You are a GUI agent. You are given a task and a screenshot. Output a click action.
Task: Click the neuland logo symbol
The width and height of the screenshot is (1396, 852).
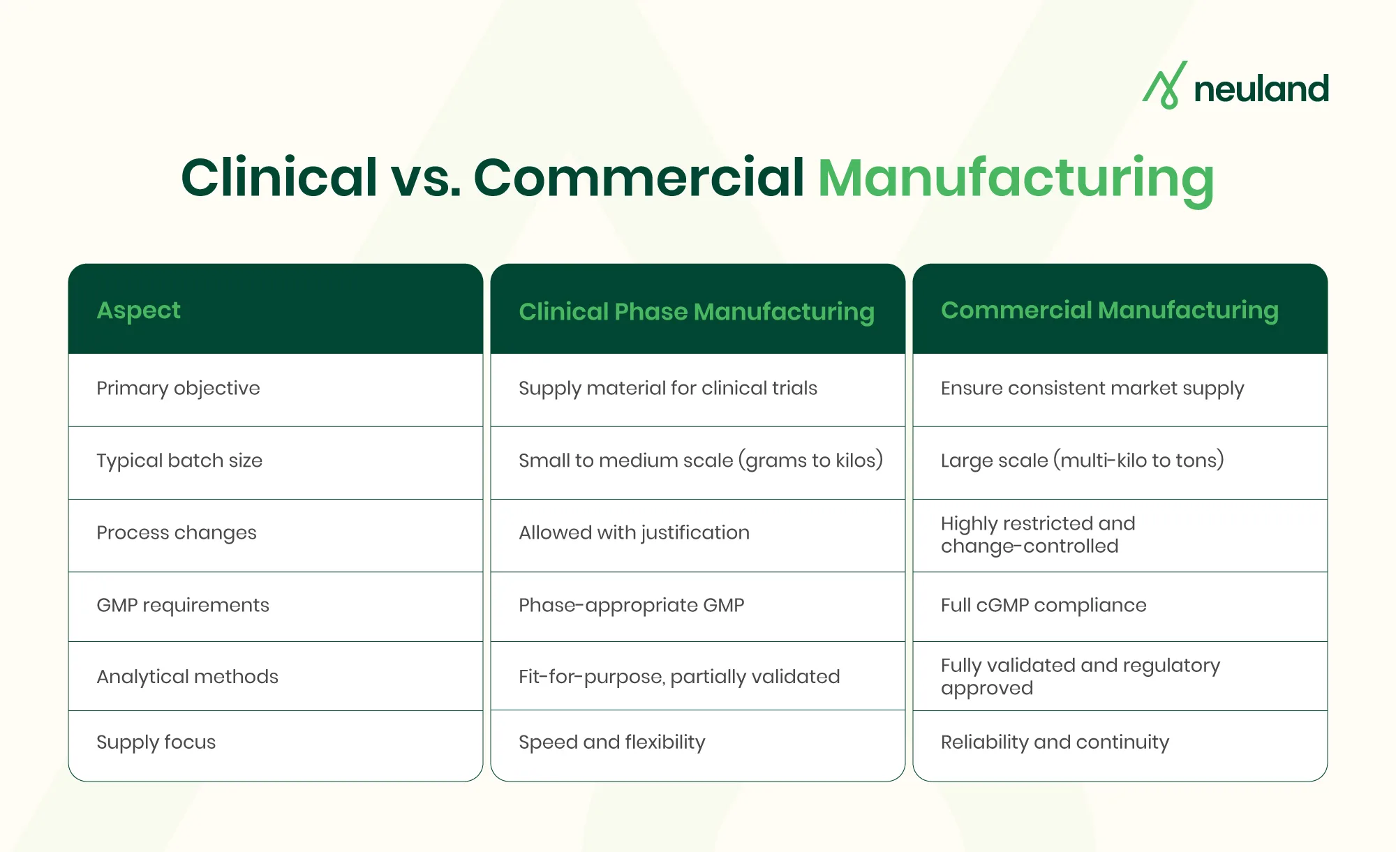[x=1164, y=86]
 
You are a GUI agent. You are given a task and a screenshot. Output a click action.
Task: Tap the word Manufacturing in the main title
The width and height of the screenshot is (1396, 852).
[x=1016, y=179]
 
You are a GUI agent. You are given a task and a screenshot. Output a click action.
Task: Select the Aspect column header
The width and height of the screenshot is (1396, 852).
[x=138, y=310]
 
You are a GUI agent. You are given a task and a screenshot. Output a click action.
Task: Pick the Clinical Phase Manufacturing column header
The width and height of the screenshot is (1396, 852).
[x=696, y=311]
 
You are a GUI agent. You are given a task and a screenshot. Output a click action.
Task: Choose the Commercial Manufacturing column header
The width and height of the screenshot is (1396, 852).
[x=1109, y=310]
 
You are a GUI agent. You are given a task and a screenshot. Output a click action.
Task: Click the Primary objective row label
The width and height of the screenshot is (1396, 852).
[x=178, y=388]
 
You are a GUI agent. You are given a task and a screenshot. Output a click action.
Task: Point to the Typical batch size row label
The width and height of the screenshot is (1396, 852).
[x=179, y=461]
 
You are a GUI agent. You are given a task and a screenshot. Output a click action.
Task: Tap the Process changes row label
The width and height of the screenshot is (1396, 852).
[x=177, y=532]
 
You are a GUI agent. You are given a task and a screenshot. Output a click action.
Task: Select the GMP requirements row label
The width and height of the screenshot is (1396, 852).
[x=183, y=605]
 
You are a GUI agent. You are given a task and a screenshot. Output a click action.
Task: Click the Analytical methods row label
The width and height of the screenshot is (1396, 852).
[x=187, y=676]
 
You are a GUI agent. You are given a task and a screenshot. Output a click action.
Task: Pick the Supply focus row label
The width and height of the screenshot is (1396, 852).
[x=156, y=742]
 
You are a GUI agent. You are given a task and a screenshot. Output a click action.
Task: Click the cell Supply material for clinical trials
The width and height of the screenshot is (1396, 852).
[x=667, y=388]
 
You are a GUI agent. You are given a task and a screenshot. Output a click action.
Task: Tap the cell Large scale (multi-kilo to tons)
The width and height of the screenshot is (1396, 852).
[x=1082, y=461]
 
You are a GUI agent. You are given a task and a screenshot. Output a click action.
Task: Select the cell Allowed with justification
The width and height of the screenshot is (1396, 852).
[x=634, y=532]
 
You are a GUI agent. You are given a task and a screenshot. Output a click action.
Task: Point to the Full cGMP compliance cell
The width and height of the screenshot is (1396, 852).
[x=1044, y=605]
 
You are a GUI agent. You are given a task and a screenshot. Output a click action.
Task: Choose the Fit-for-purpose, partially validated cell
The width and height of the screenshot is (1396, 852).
[x=679, y=676]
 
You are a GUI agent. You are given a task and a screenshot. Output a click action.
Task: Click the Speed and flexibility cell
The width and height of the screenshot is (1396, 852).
[x=611, y=742]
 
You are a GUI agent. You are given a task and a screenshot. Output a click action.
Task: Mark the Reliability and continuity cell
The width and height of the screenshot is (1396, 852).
[x=1055, y=742]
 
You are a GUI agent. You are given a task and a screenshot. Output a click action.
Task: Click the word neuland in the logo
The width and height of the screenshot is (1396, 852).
[x=1261, y=89]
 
